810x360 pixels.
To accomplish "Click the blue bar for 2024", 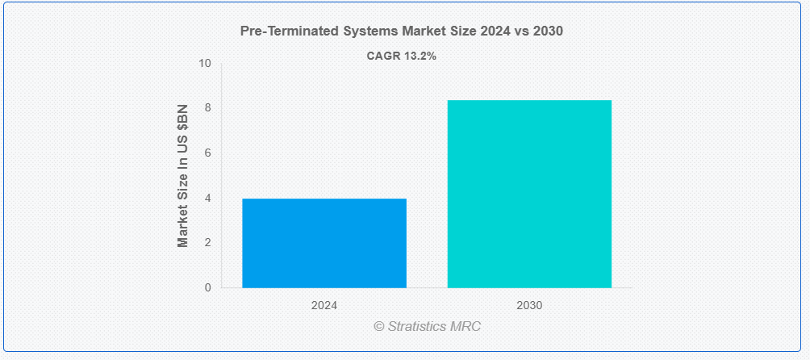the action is click(x=324, y=243).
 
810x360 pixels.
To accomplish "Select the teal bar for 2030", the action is click(x=529, y=194).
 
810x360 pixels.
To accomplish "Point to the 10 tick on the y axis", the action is click(x=205, y=63).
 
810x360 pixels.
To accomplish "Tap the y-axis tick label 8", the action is click(x=208, y=108).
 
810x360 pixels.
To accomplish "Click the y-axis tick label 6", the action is click(x=208, y=153).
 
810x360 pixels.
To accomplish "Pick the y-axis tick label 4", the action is click(x=208, y=198).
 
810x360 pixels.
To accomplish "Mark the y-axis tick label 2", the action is click(x=208, y=243).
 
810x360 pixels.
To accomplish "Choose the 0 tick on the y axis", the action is click(x=208, y=287).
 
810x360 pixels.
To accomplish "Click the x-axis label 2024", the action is click(x=324, y=305).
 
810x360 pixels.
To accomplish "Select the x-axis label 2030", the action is click(x=529, y=305).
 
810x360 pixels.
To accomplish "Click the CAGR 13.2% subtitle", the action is click(x=402, y=57).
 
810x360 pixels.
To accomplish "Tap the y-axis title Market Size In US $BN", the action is click(x=183, y=176).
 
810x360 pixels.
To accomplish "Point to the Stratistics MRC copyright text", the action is click(x=428, y=326).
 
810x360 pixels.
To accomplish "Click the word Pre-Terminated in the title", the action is click(x=290, y=31).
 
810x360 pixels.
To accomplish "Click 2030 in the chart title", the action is click(x=548, y=31).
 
